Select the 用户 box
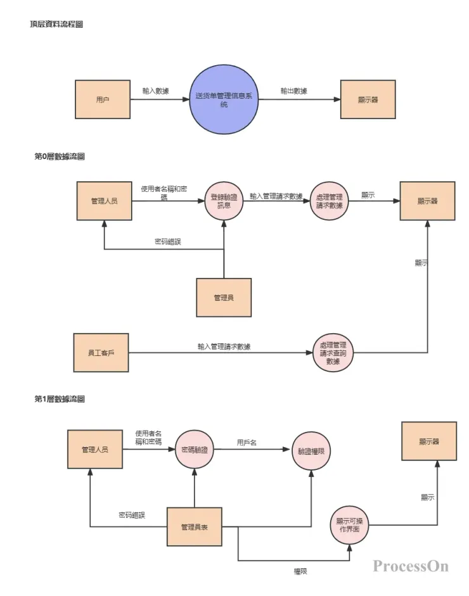(x=103, y=99)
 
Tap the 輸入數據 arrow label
(x=156, y=91)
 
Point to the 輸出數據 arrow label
(x=294, y=91)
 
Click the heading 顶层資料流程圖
(x=56, y=24)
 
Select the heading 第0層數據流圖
(x=60, y=156)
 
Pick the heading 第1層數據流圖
(x=60, y=399)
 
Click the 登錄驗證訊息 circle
(x=224, y=201)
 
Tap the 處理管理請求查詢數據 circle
(x=333, y=352)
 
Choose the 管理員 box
(x=224, y=297)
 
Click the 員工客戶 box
(x=101, y=352)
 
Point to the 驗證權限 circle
(x=311, y=450)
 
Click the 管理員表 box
(x=195, y=526)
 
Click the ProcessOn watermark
(x=410, y=566)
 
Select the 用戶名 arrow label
(x=247, y=442)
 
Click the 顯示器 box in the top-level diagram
(x=368, y=99)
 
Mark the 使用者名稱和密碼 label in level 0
(x=164, y=193)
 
